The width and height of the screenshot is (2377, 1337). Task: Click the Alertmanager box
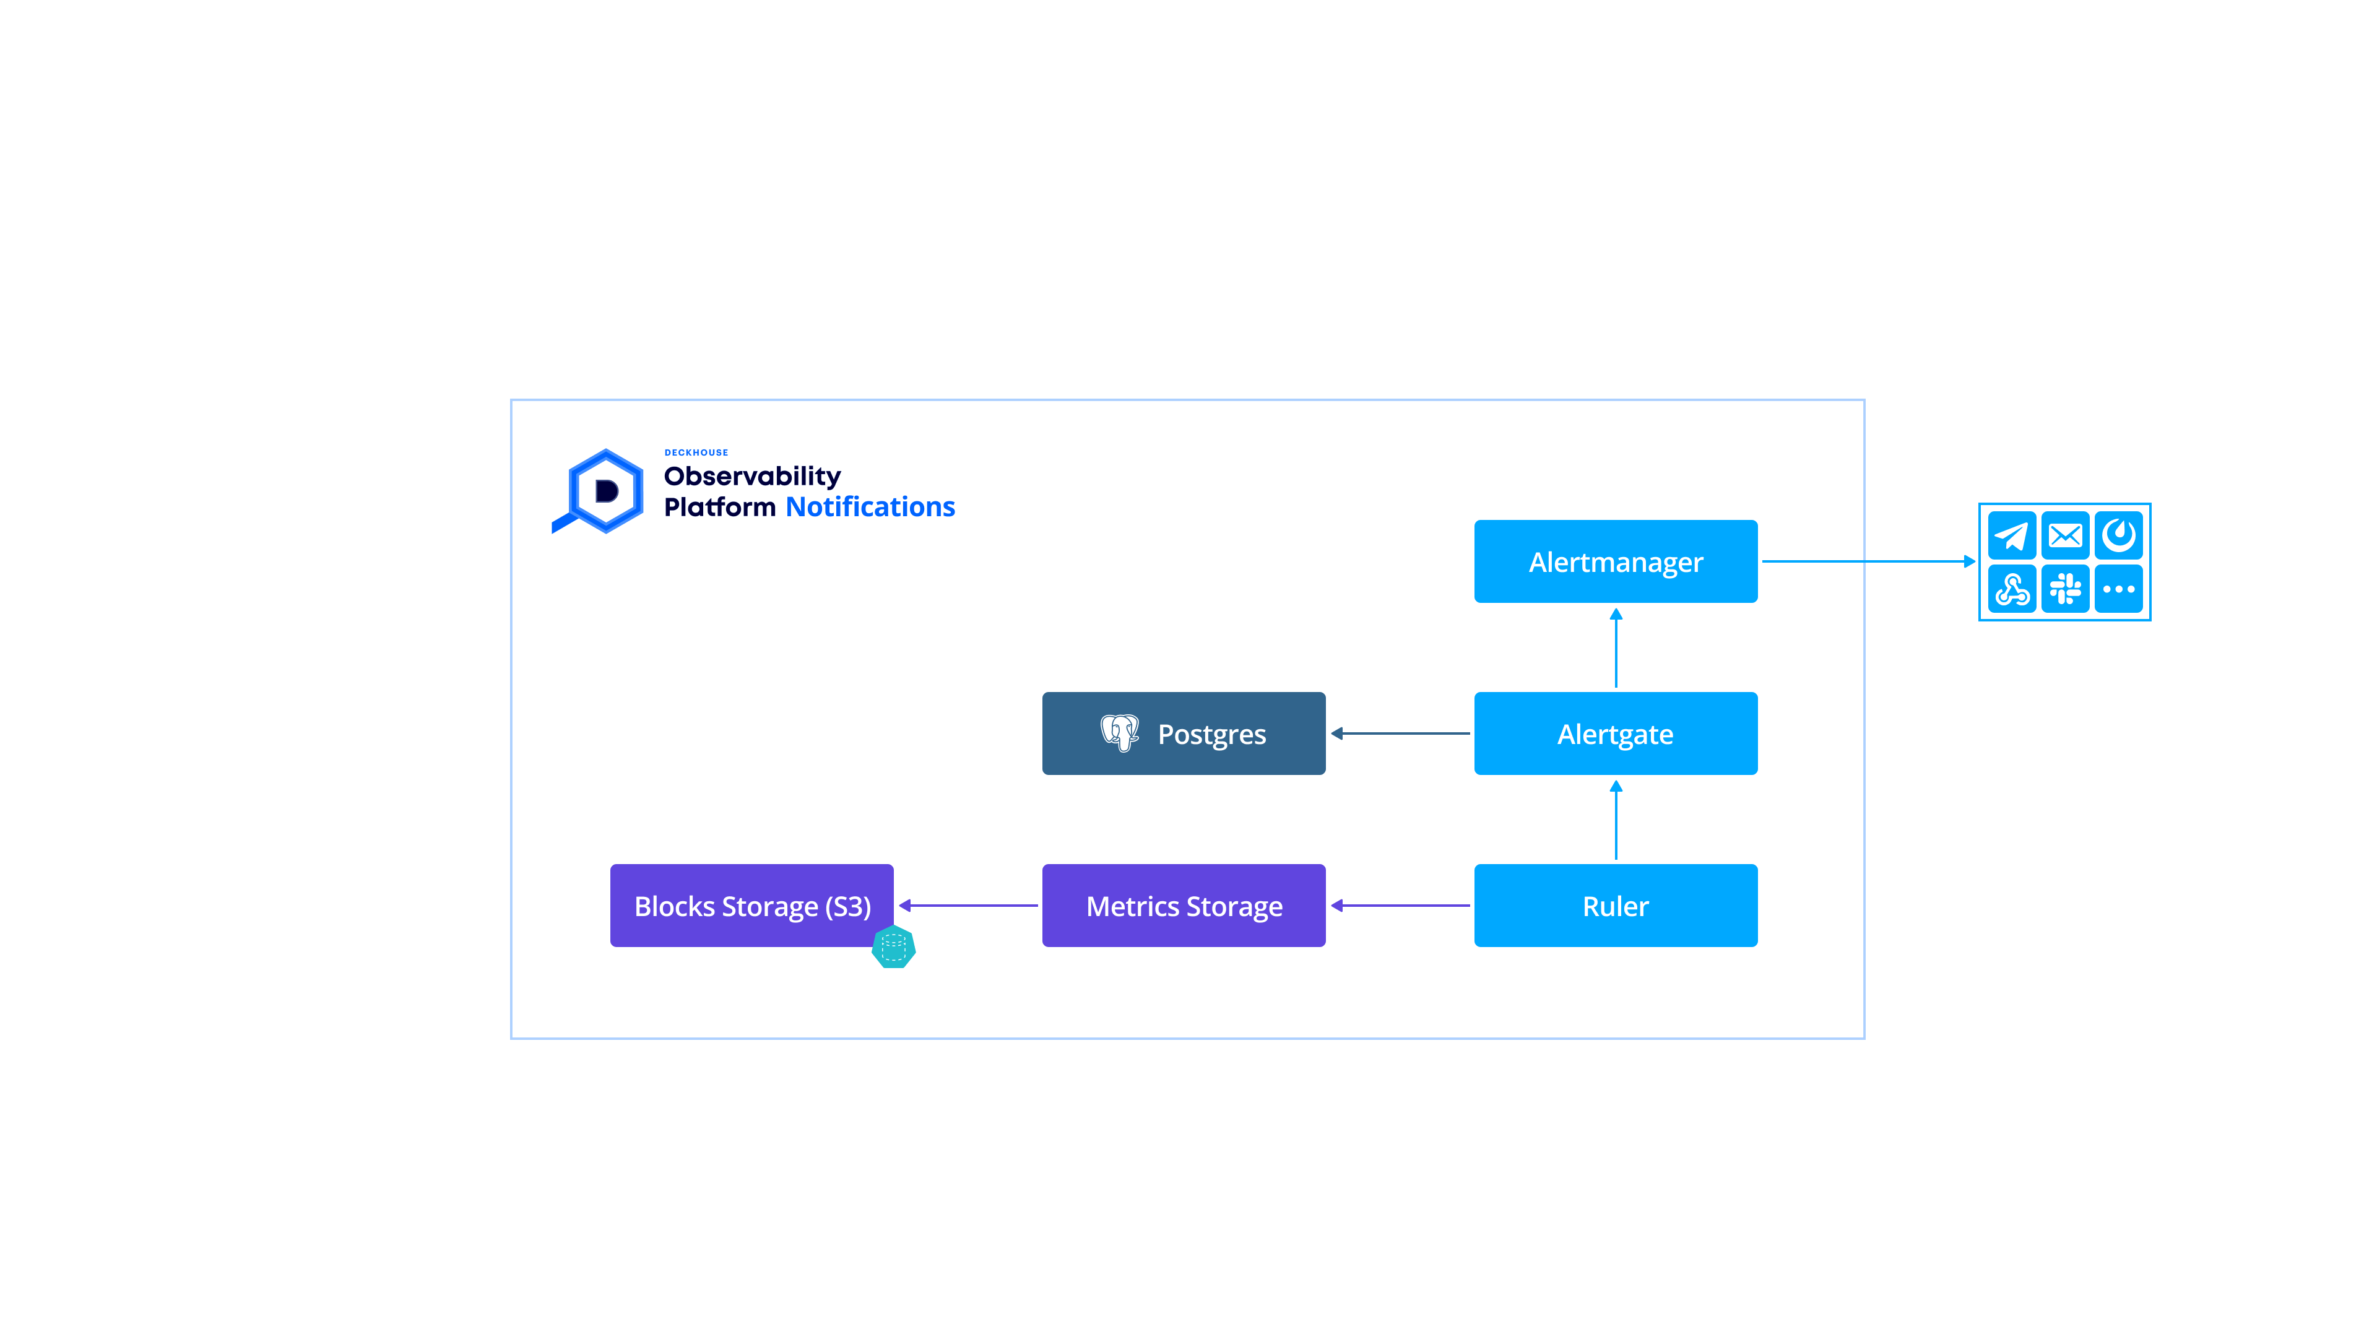coord(1615,561)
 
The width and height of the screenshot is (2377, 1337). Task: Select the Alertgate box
coord(1615,733)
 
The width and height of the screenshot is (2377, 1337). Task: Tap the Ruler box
coord(1615,905)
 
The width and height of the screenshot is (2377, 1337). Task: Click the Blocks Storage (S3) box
coord(751,905)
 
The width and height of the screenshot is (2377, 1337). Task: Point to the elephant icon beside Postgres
coord(1119,733)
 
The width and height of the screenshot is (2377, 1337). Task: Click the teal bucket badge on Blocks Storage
coord(893,946)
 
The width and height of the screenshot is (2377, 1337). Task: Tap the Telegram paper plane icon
coord(2012,535)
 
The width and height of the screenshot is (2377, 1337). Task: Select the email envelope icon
coord(2065,535)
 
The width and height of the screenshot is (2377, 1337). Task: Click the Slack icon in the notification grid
coord(2065,589)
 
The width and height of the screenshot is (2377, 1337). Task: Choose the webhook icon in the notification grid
coord(2012,589)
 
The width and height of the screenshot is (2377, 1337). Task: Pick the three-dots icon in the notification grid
coord(2119,589)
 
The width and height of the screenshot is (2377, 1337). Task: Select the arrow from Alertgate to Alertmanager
coord(1616,647)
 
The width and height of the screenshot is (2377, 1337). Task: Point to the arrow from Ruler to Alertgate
coord(1616,820)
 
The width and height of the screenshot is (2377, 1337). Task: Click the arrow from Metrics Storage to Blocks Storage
coord(968,905)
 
